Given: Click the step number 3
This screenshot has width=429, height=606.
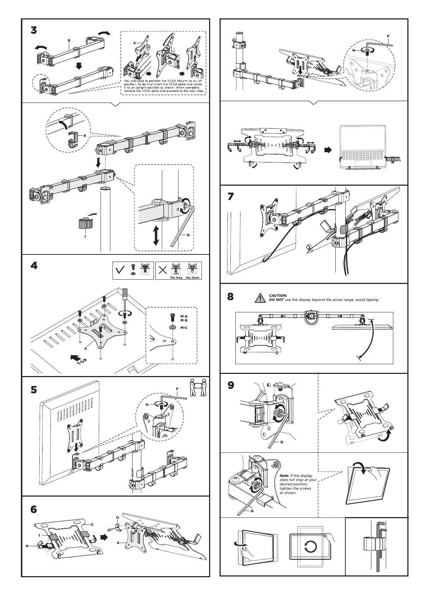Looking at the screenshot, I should (x=34, y=31).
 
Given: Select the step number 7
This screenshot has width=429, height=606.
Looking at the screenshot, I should (x=231, y=197).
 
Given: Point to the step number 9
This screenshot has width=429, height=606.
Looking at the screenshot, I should (x=231, y=385).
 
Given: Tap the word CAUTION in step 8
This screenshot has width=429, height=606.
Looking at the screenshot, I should (x=278, y=295).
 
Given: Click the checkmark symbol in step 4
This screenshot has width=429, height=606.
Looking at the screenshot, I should (x=119, y=271).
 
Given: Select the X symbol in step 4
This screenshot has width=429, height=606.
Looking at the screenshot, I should (x=163, y=271).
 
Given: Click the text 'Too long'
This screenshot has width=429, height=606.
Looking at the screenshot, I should (x=176, y=277).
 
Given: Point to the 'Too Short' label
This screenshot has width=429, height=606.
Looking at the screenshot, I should (x=193, y=277).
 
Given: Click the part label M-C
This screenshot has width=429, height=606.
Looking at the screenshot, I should (x=184, y=327).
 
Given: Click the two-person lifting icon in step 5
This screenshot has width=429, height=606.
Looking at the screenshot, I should (x=198, y=387).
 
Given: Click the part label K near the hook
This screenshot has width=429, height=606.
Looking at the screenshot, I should (x=85, y=136).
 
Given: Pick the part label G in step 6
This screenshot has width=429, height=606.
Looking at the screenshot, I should (x=92, y=524).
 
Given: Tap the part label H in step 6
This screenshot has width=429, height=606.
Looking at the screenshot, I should (x=27, y=556).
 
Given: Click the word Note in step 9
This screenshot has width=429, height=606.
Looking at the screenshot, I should (x=284, y=476).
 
